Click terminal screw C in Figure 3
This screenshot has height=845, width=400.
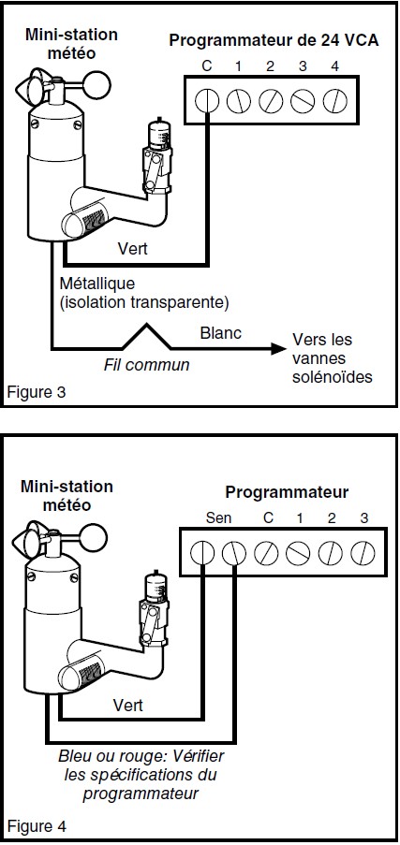click(x=206, y=101)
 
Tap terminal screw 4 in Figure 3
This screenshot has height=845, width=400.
click(x=334, y=101)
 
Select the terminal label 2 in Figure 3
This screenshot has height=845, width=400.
click(x=270, y=66)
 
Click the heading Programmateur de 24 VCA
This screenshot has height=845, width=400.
click(x=274, y=41)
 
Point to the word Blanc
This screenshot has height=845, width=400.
click(x=221, y=333)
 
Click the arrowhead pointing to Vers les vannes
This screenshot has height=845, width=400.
click(x=278, y=349)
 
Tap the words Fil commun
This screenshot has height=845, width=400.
click(x=146, y=365)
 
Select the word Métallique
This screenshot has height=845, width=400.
click(x=97, y=284)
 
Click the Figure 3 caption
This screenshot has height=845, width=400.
click(x=37, y=392)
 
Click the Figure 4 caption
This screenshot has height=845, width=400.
click(x=37, y=826)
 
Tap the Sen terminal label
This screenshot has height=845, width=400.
click(x=218, y=518)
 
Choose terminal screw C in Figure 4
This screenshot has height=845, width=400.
click(x=267, y=553)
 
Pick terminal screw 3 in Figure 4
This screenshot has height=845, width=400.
click(x=363, y=553)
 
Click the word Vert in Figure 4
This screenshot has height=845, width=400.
click(x=128, y=705)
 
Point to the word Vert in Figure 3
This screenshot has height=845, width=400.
click(x=132, y=249)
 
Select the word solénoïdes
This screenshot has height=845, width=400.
click(x=333, y=376)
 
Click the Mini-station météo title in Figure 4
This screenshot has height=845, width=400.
click(x=67, y=496)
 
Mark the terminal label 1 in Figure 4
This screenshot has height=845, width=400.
click(x=299, y=518)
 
